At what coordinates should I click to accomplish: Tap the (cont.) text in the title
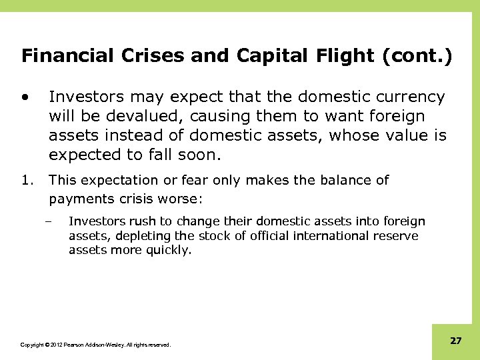[x=417, y=55]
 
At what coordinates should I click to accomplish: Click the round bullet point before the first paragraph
[x=25, y=97]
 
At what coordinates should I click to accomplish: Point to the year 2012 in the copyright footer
[x=55, y=345]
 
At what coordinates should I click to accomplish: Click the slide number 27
[x=455, y=341]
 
